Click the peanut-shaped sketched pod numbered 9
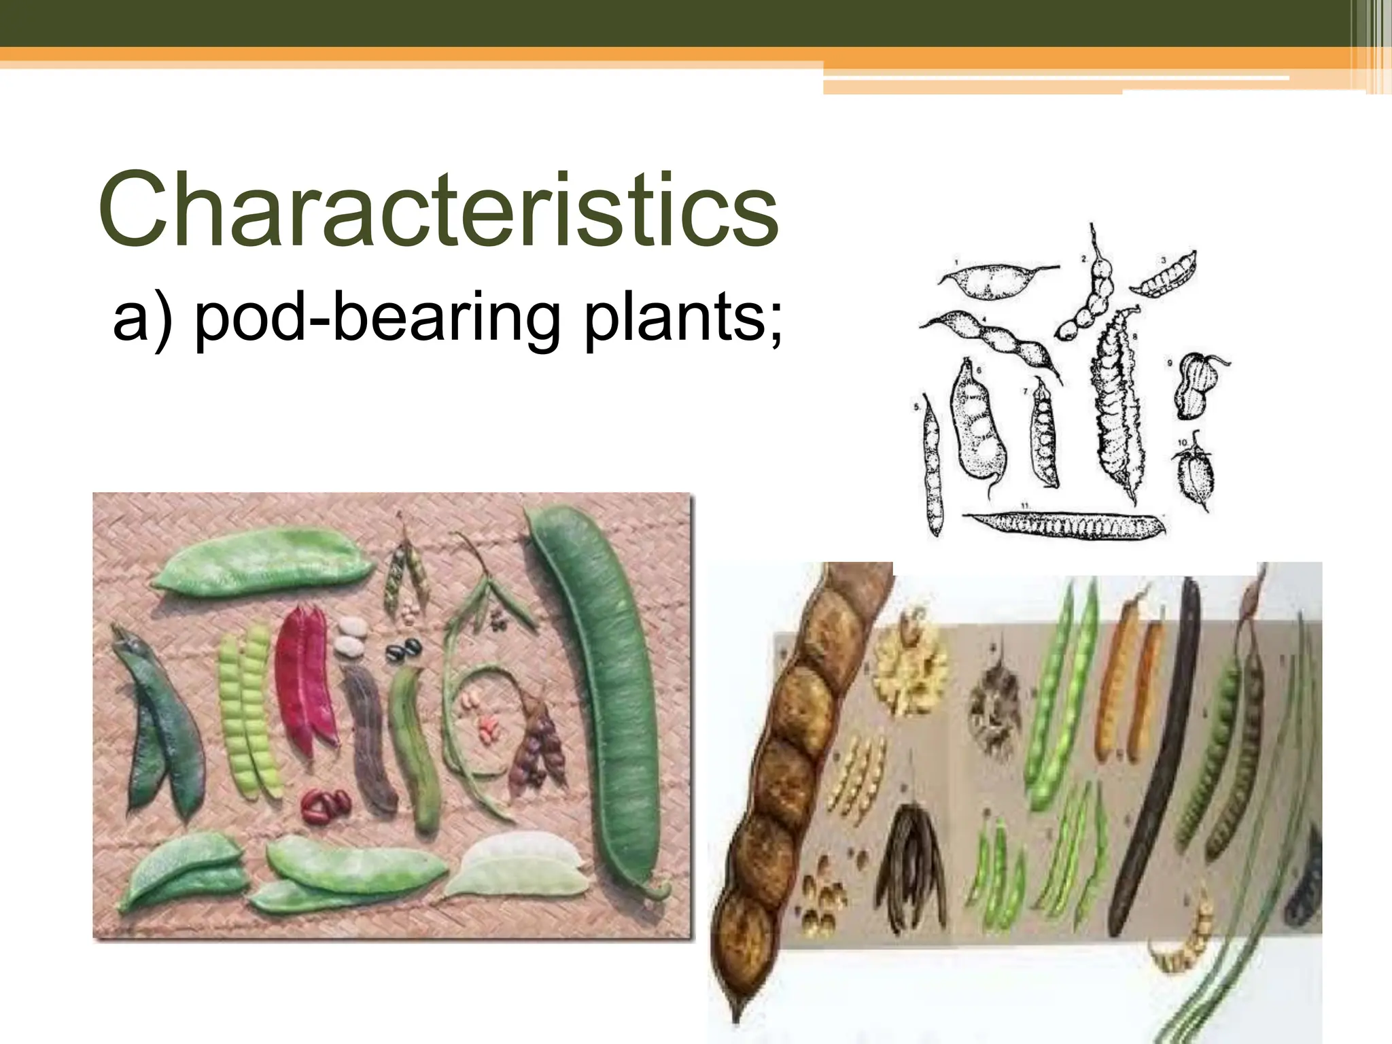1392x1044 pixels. (1197, 385)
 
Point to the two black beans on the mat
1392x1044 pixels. (404, 650)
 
